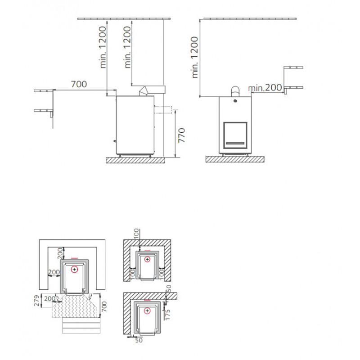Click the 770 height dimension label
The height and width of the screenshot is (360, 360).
[x=181, y=135]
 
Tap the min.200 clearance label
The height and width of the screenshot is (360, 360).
[x=265, y=88]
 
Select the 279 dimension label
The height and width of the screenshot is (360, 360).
[x=37, y=301]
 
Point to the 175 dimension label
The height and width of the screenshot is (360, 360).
[x=167, y=315]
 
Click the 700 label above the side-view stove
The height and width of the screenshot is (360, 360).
[x=79, y=84]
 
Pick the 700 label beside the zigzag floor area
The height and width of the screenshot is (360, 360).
[x=104, y=306]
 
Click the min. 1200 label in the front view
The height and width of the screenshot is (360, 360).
[x=194, y=57]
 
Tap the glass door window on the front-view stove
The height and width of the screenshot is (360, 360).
[x=235, y=135]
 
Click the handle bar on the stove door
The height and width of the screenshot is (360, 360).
[x=235, y=143]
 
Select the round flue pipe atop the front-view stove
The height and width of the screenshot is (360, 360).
[x=235, y=92]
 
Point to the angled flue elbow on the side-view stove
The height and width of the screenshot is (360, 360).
[x=143, y=91]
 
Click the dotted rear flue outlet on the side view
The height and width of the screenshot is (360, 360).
[x=163, y=110]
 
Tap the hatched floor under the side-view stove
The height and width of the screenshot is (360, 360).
[x=135, y=160]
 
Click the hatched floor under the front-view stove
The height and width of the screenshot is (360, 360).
[x=235, y=159]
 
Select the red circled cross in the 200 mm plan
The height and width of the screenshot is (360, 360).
[x=74, y=269]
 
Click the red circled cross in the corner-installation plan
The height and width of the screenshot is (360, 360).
[x=147, y=311]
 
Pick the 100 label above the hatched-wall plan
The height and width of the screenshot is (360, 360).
[x=136, y=234]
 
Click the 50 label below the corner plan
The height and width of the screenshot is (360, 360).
[x=139, y=340]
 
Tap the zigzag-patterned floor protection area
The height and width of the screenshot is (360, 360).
[x=75, y=306]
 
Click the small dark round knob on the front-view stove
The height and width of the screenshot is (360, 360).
[x=235, y=100]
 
